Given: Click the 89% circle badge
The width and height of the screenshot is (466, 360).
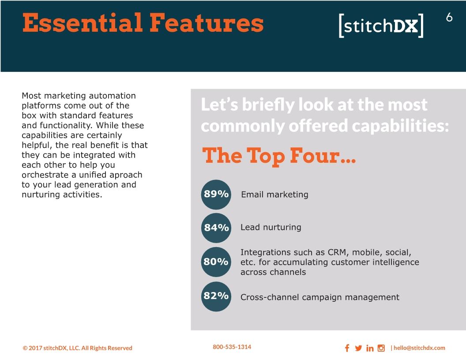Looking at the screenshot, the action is click(x=216, y=195).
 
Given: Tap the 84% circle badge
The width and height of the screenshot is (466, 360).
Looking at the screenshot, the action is click(x=216, y=228).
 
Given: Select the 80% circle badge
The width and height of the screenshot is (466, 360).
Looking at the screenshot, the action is click(x=216, y=262).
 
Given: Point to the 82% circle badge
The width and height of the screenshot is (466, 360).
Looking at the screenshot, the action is click(x=216, y=296).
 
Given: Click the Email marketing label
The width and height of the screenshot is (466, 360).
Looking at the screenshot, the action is click(x=274, y=195).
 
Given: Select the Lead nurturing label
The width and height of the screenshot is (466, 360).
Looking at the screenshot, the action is click(x=271, y=227).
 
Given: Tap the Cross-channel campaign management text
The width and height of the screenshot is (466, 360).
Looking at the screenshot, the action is click(x=320, y=297).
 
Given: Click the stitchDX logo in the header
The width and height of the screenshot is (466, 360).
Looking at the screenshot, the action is click(x=381, y=26).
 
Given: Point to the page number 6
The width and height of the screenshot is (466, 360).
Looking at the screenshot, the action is click(x=449, y=18).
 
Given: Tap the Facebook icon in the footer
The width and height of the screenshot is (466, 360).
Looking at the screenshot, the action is click(x=347, y=348).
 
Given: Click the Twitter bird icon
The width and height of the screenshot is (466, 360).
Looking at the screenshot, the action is click(x=358, y=348).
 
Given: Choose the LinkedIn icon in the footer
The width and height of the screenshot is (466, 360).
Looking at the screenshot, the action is click(x=370, y=348).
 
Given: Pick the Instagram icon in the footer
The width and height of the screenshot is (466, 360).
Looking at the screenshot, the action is click(x=381, y=348).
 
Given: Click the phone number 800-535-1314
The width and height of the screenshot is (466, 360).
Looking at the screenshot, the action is click(x=232, y=347).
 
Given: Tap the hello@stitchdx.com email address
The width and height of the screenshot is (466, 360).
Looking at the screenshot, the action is click(x=419, y=348).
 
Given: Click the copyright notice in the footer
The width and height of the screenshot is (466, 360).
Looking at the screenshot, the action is click(x=78, y=348).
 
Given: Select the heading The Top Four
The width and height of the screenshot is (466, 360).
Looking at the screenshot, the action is click(x=279, y=156).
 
